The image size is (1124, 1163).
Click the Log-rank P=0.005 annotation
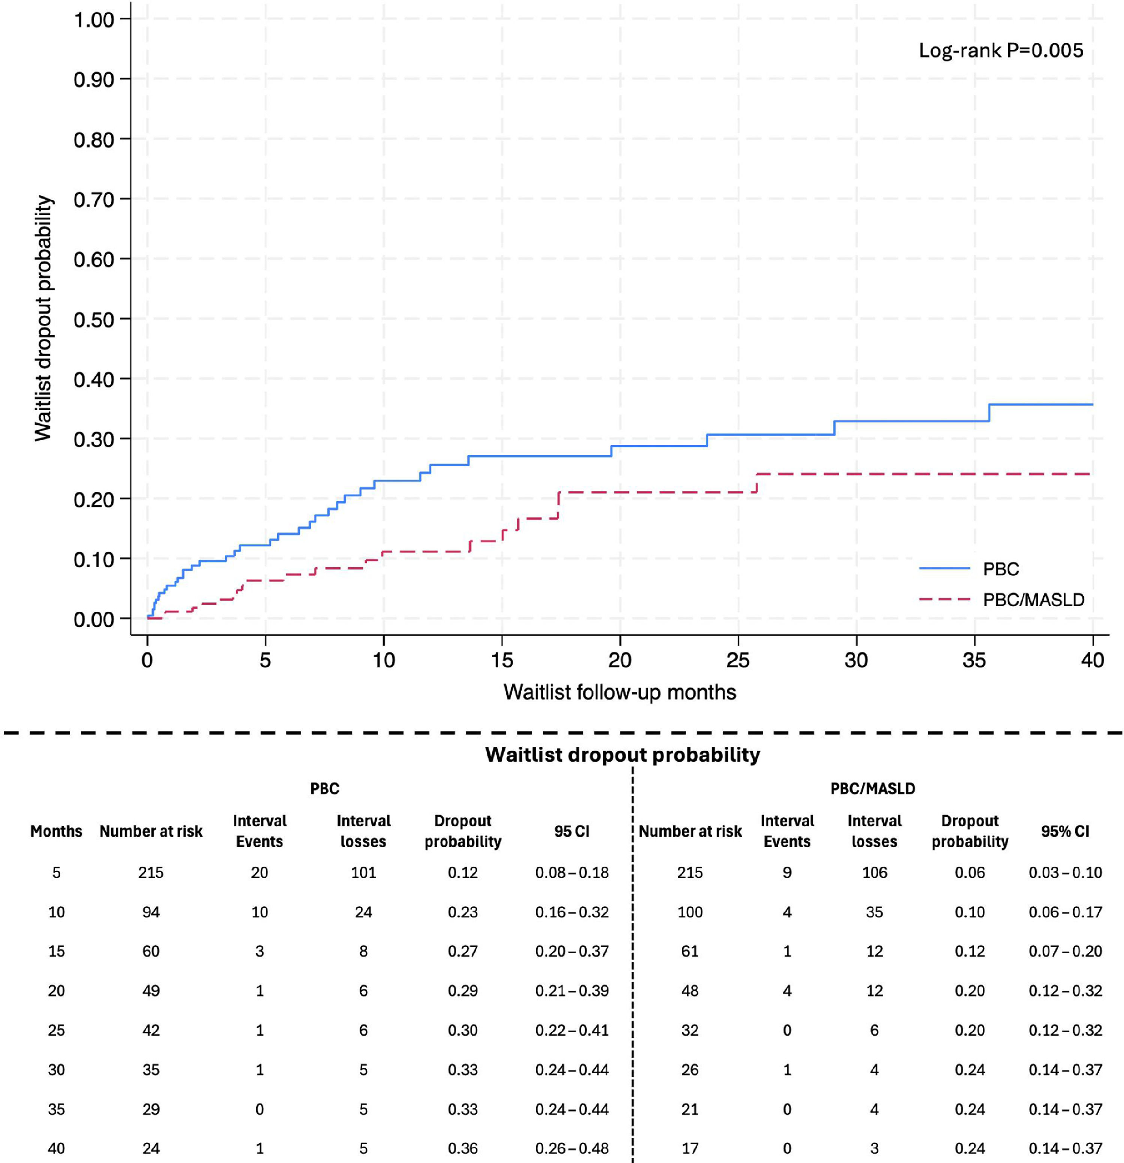[x=1001, y=51]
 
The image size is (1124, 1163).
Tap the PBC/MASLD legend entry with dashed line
[x=1002, y=599]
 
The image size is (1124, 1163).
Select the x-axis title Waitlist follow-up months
[x=620, y=692]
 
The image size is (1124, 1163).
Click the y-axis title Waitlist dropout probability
[x=43, y=318]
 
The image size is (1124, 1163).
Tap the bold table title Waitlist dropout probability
[x=623, y=754]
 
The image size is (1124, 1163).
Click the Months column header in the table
[x=56, y=831]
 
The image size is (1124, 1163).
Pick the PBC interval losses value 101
[x=363, y=872]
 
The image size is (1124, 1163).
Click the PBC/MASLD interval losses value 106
[x=874, y=872]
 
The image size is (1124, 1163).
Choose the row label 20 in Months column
[x=56, y=990]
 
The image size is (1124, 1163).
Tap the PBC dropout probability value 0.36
[x=463, y=1148]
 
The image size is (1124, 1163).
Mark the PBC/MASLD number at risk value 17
[x=690, y=1148]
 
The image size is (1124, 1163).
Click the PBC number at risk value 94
[x=151, y=912]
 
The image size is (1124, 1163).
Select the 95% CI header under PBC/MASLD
[x=1065, y=831]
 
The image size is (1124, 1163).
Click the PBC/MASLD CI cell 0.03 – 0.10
[x=1065, y=872]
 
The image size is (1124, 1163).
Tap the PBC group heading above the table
[x=324, y=789]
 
